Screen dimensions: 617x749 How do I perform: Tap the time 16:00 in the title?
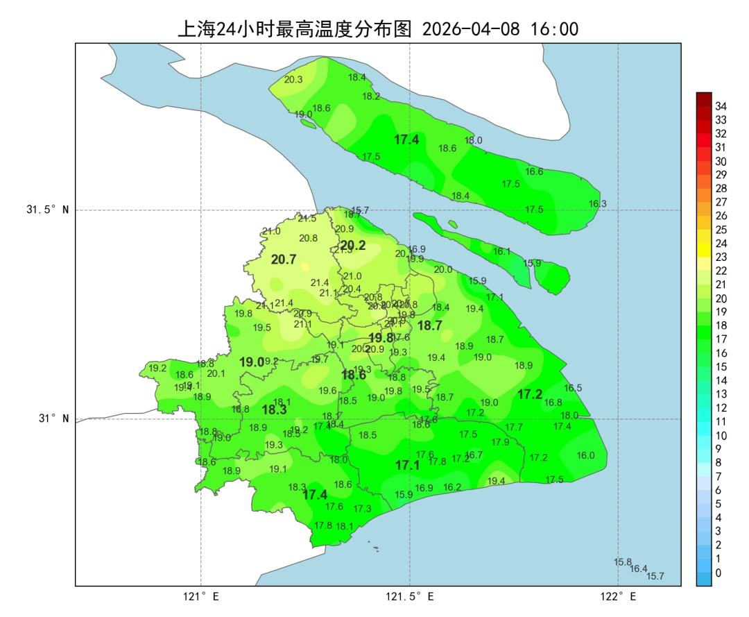[554, 29]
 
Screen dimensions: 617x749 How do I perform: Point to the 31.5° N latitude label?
[48, 210]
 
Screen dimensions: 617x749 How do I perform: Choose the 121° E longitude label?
[201, 596]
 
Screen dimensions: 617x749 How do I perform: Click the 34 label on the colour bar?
[721, 106]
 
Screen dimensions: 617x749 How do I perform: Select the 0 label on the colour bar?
[718, 573]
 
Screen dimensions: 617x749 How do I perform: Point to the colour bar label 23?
[721, 257]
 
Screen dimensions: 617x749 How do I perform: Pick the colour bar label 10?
[721, 435]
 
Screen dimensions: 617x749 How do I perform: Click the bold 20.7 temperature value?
[284, 260]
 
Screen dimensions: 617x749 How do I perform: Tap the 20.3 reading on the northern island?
[293, 80]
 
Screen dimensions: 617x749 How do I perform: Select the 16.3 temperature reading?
[597, 204]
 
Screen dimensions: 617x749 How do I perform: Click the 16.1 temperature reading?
[501, 252]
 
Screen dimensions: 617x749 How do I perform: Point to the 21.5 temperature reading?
[307, 218]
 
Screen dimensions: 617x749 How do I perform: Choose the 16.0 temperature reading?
[586, 455]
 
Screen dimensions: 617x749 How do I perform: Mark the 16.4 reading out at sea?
[638, 569]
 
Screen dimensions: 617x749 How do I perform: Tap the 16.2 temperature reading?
[452, 487]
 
